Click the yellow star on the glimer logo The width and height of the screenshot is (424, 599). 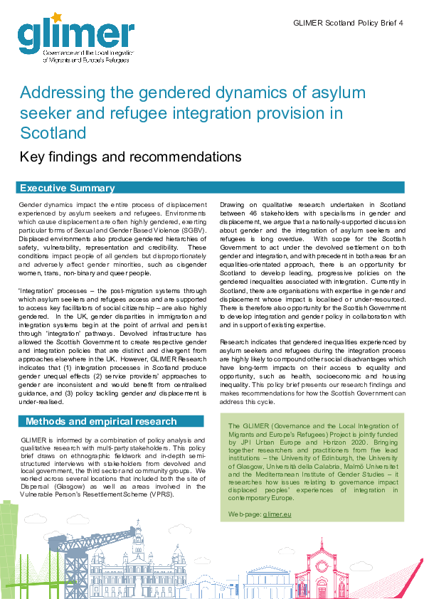[x=53, y=16]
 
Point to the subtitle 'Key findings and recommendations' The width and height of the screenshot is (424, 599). [x=130, y=157]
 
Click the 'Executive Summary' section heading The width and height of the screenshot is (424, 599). [x=67, y=188]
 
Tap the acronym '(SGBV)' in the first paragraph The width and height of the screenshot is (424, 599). [x=195, y=230]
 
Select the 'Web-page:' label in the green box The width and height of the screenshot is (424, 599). [x=245, y=513]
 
